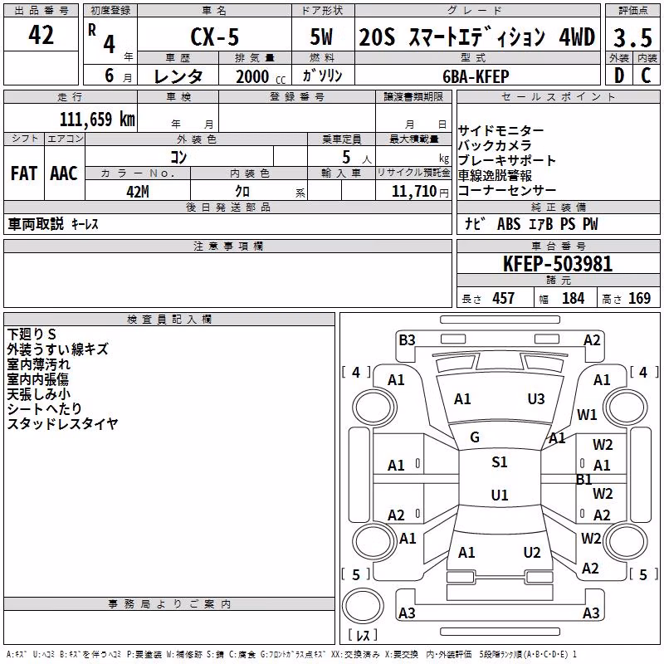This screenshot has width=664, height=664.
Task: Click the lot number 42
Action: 41,35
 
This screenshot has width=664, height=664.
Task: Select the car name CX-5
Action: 215,37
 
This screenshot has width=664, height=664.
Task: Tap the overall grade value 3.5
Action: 632,37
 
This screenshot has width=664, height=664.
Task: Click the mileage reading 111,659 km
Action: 97,119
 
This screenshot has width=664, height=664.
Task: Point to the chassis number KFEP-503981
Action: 558,264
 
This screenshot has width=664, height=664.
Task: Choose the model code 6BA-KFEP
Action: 476,76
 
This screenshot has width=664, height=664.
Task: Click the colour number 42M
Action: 138,192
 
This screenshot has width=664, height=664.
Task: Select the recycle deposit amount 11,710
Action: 413,191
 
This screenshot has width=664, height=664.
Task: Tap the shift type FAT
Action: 24,173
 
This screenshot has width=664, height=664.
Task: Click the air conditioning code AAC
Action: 64,173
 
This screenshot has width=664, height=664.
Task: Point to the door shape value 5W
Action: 321,37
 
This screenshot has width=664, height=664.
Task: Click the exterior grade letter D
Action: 618,76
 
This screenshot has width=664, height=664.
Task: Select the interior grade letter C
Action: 646,76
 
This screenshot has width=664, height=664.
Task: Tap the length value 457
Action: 504,298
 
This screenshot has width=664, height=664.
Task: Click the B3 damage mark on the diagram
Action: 407,340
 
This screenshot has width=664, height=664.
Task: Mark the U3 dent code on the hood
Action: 536,399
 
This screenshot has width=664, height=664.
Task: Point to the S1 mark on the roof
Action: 500,461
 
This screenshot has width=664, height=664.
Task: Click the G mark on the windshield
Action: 475,437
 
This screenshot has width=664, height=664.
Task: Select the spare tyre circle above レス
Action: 363,606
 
